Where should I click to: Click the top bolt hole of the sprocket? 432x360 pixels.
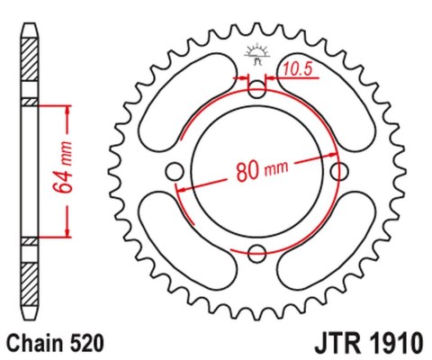[257, 89]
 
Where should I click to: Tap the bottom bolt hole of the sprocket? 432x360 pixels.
[257, 252]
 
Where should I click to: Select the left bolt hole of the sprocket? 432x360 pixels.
[176, 170]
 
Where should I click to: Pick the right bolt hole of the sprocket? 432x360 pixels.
[338, 170]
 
